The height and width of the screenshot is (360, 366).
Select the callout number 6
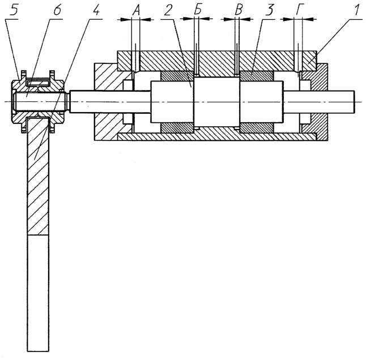[x=57, y=10]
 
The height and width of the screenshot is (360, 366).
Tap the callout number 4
[x=96, y=10]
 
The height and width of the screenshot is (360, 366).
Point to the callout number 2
[x=168, y=10]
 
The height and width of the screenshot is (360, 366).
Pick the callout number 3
[x=269, y=10]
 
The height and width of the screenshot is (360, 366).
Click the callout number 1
[x=356, y=10]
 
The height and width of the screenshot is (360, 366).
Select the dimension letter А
[x=136, y=10]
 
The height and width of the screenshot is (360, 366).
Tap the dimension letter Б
[x=198, y=10]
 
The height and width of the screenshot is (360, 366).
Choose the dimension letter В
[x=239, y=10]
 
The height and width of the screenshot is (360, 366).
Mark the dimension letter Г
[x=300, y=10]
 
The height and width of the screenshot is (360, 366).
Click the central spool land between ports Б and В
[x=217, y=102]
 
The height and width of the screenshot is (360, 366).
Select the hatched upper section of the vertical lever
[x=38, y=176]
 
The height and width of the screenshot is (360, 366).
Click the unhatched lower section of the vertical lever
[x=38, y=293]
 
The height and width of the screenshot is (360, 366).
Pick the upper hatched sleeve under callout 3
[x=256, y=76]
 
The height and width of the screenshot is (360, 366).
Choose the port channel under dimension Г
[x=298, y=61]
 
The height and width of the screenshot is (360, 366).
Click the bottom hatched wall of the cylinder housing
[x=217, y=137]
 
